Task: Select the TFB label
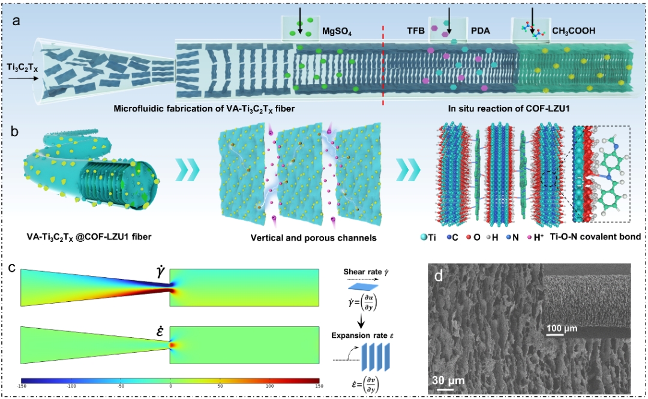coord(415,31)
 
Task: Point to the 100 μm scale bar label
coord(562,329)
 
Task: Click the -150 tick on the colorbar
coord(22,387)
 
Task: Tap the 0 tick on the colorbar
coord(171,387)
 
